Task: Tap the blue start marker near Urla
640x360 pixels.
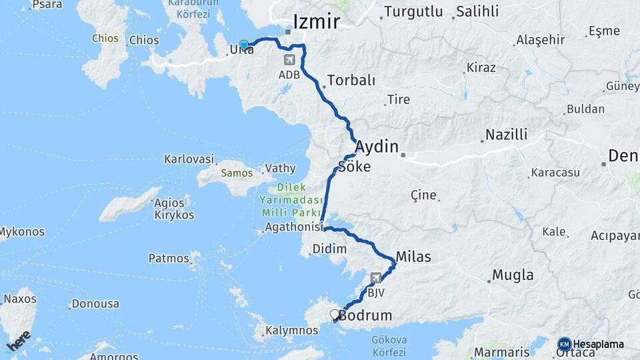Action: [244, 45]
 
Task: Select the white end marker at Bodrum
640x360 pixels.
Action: [335, 314]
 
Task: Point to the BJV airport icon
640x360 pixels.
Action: [376, 278]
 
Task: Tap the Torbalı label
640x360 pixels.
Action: [351, 81]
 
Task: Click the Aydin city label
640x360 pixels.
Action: [377, 147]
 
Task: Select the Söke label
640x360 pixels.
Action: [355, 167]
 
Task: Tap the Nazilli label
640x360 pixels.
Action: [506, 135]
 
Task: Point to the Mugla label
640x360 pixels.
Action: [513, 275]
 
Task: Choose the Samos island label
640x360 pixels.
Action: [237, 173]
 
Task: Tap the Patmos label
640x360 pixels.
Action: [169, 258]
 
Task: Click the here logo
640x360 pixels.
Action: [19, 340]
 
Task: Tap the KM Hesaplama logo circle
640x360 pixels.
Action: [565, 344]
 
